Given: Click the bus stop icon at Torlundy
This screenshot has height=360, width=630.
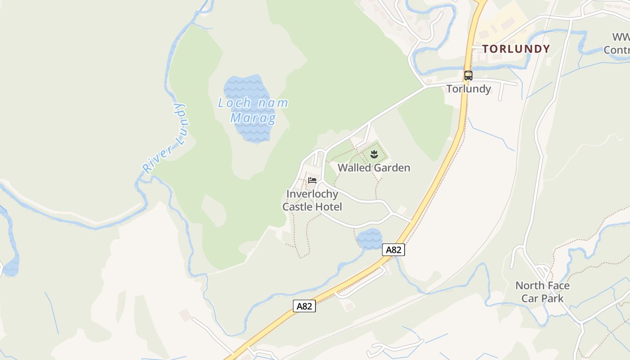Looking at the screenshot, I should click(x=468, y=76).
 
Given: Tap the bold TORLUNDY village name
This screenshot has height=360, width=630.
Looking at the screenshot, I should click(x=516, y=49).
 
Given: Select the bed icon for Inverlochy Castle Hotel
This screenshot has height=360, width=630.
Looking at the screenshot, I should click(x=312, y=180).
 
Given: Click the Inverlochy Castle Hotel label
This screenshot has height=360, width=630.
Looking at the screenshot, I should click(x=312, y=200).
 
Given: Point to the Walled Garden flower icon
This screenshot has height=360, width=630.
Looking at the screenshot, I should click(x=373, y=155).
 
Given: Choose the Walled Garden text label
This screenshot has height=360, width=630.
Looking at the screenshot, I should click(x=374, y=168).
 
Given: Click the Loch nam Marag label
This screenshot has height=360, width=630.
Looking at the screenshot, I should click(x=253, y=110).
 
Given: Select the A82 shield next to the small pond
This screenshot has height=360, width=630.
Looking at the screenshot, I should click(x=393, y=250).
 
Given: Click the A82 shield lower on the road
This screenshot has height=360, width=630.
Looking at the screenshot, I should click(x=304, y=306).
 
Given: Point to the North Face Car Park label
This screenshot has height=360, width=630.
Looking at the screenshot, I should click(x=542, y=292).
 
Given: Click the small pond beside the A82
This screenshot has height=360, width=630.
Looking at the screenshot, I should click(x=369, y=238).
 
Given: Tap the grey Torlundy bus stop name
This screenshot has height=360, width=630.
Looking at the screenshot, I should click(x=468, y=89).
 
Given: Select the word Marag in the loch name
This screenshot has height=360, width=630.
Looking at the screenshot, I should click(x=253, y=118).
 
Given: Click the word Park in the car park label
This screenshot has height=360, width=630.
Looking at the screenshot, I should click(x=552, y=298).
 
